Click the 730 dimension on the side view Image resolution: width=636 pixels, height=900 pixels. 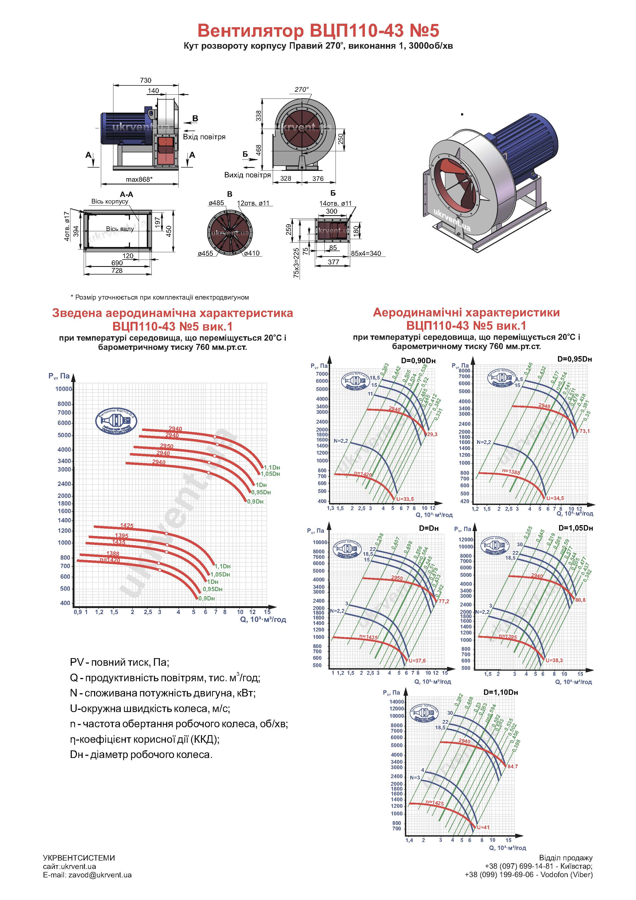[145, 80]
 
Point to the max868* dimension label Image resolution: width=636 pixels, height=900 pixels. [139, 180]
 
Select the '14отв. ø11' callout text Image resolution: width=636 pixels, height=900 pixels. [336, 204]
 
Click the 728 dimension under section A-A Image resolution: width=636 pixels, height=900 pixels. [117, 270]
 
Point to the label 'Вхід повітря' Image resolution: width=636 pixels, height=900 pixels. [204, 137]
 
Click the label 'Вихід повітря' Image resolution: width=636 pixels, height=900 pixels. [247, 175]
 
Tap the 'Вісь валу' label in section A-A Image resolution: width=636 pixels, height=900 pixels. [120, 229]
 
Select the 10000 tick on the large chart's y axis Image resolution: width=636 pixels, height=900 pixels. [63, 389]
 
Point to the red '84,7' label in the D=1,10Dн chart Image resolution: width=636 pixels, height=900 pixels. [513, 766]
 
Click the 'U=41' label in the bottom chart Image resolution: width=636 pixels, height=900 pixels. [483, 827]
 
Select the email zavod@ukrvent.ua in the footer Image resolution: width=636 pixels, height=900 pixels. [87, 875]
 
